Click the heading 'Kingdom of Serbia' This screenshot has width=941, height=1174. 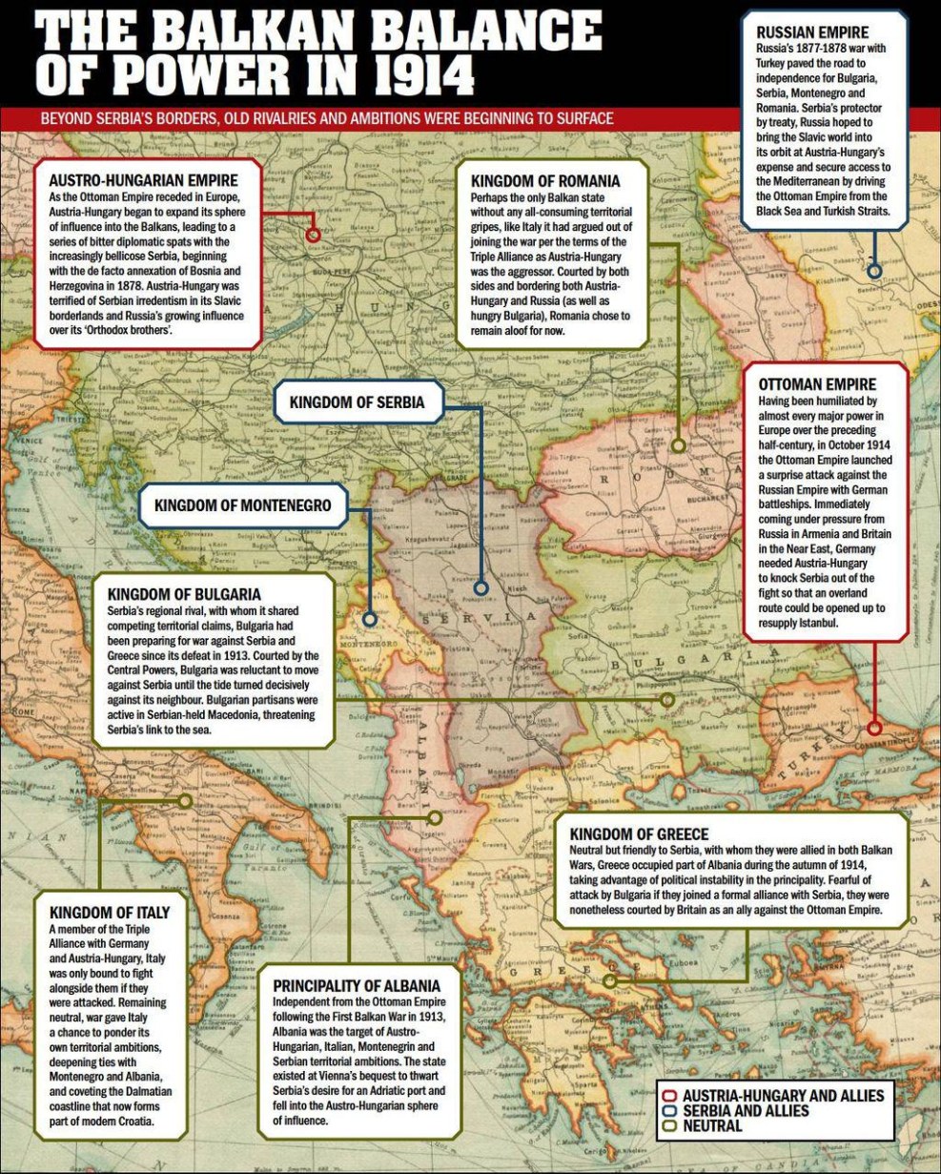tap(357, 402)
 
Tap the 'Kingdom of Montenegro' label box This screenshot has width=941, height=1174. tap(243, 505)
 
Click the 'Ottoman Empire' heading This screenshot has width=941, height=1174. tap(817, 384)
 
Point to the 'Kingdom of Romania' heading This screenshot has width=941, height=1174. tap(545, 181)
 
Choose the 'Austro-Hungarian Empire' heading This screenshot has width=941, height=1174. tap(143, 178)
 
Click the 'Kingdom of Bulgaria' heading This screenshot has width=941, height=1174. tap(184, 593)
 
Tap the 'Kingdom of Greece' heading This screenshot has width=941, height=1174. tap(639, 834)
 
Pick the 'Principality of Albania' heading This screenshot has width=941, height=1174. tap(357, 985)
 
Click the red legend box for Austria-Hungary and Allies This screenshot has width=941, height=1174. tap(670, 1096)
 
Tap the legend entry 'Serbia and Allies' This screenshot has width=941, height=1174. tap(745, 1111)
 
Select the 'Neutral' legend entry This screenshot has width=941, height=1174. tap(711, 1125)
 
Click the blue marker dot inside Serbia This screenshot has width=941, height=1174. tap(481, 588)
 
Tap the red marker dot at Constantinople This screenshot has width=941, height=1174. tap(874, 729)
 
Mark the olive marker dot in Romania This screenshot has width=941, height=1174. tap(678, 445)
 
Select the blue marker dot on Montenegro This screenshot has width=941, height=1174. tap(370, 619)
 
